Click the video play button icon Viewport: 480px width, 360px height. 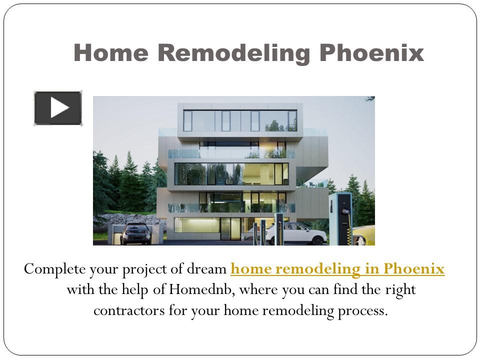[x=58, y=108]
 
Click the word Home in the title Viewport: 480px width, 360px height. [x=105, y=53]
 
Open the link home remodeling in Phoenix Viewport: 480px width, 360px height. [x=337, y=269]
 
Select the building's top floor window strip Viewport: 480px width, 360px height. [x=240, y=120]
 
